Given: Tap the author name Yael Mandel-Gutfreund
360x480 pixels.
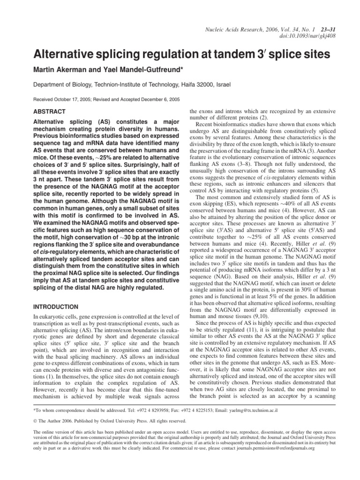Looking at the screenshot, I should pos(142,70).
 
